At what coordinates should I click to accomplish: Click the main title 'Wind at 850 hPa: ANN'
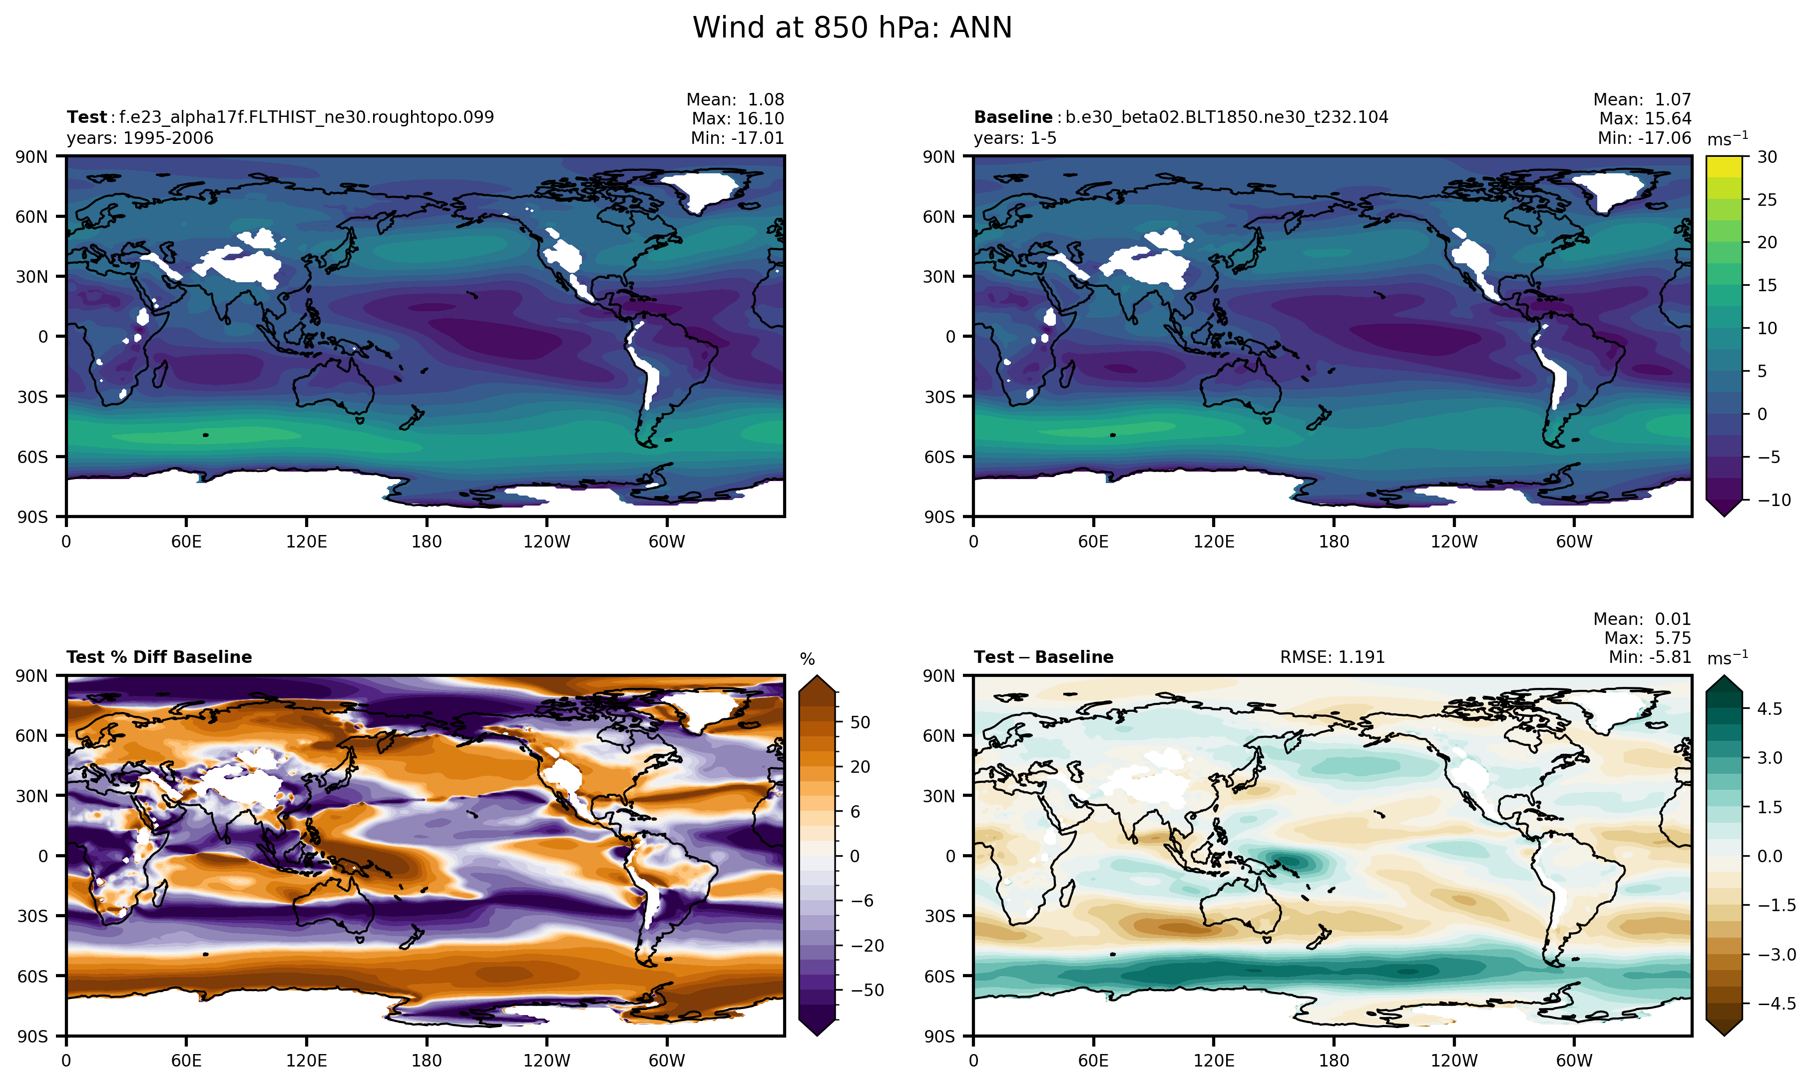pyautogui.click(x=852, y=28)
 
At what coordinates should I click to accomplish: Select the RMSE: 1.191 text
pyautogui.click(x=1332, y=657)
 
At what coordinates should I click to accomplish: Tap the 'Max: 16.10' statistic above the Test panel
pyautogui.click(x=738, y=118)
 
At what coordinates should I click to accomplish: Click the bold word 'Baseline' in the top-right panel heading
pyautogui.click(x=1012, y=117)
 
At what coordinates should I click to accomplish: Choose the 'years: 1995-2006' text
pyautogui.click(x=140, y=138)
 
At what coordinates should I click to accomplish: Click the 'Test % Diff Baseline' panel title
pyautogui.click(x=159, y=657)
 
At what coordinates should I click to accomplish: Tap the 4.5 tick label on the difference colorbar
pyautogui.click(x=1769, y=708)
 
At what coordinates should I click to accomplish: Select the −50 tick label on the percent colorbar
pyautogui.click(x=867, y=990)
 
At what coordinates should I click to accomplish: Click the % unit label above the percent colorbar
pyautogui.click(x=807, y=659)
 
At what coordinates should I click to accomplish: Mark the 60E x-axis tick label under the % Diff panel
pyautogui.click(x=186, y=1061)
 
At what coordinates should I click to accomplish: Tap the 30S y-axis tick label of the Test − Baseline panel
pyautogui.click(x=939, y=916)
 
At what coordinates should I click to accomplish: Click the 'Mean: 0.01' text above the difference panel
pyautogui.click(x=1642, y=619)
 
